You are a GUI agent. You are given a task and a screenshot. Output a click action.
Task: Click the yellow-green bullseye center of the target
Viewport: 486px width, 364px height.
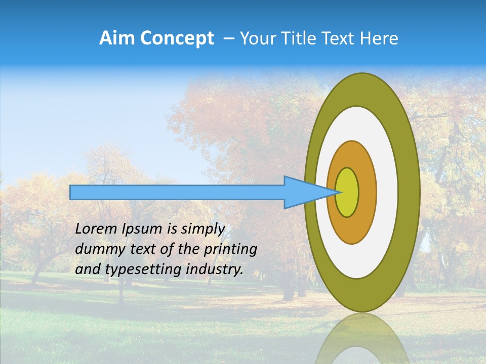click(x=347, y=192)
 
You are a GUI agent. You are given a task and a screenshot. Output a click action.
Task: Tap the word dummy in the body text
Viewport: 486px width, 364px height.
click(x=96, y=249)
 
